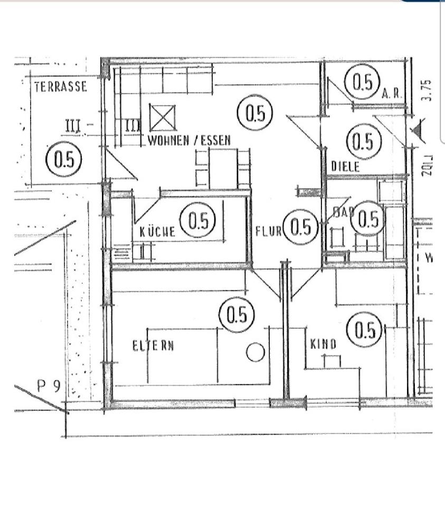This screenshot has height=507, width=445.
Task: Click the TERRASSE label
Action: (61, 87)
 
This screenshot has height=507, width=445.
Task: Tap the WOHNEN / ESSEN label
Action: (190, 141)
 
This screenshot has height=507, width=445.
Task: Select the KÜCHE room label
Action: (157, 231)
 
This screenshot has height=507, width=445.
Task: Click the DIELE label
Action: (345, 167)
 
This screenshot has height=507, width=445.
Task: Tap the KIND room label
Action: (323, 345)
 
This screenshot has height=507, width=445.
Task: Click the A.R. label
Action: (392, 94)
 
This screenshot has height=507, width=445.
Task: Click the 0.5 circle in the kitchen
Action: (198, 221)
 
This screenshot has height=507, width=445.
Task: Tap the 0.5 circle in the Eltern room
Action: (236, 315)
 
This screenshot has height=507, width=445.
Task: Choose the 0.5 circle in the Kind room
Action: (364, 331)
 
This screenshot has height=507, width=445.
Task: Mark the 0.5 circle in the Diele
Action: (363, 141)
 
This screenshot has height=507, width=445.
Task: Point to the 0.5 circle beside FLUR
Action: (301, 227)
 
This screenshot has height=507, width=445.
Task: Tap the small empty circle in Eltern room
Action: (255, 352)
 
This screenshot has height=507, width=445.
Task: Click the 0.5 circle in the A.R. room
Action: (362, 83)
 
